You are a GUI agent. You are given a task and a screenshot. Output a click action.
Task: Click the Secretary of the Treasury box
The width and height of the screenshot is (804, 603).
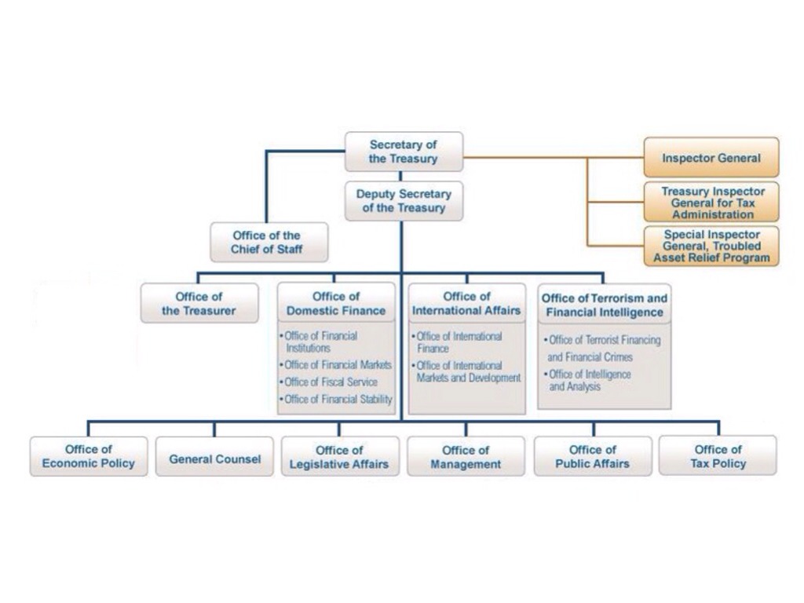pyautogui.click(x=404, y=152)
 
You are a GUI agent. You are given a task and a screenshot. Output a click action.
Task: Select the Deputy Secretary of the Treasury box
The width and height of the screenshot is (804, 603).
pyautogui.click(x=404, y=201)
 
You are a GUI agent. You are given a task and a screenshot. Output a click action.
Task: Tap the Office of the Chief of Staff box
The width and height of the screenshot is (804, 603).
pyautogui.click(x=269, y=243)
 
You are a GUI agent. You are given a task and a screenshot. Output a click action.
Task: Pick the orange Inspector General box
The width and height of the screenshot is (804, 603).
pyautogui.click(x=711, y=158)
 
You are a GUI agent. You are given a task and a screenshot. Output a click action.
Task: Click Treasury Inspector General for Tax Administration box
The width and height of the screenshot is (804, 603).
pyautogui.click(x=711, y=203)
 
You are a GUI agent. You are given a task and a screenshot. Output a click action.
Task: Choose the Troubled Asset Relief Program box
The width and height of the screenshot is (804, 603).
pyautogui.click(x=711, y=247)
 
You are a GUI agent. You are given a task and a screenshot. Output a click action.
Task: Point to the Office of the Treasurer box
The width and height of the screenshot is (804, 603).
pyautogui.click(x=199, y=303)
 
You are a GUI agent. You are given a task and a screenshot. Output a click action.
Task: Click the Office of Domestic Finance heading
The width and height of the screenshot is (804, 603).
pyautogui.click(x=336, y=303)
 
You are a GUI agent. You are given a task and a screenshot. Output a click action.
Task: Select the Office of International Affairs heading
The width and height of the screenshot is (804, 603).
pyautogui.click(x=466, y=303)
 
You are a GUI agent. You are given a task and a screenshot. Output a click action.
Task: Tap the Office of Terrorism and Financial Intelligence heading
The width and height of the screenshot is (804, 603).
pyautogui.click(x=605, y=305)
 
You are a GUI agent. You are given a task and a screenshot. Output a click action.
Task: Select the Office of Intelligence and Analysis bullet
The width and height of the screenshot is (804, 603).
pyautogui.click(x=589, y=381)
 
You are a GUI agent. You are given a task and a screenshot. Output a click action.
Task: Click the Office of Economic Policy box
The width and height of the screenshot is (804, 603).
pyautogui.click(x=89, y=456)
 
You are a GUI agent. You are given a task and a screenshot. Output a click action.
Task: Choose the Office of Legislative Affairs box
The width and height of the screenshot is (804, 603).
pyautogui.click(x=339, y=457)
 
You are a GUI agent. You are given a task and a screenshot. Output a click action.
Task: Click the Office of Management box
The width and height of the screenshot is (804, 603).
pyautogui.click(x=466, y=457)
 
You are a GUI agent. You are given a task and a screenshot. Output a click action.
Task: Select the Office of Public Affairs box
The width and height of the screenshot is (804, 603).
pyautogui.click(x=593, y=456)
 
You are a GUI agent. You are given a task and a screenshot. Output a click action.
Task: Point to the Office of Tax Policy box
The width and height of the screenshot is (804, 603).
pyautogui.click(x=718, y=456)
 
